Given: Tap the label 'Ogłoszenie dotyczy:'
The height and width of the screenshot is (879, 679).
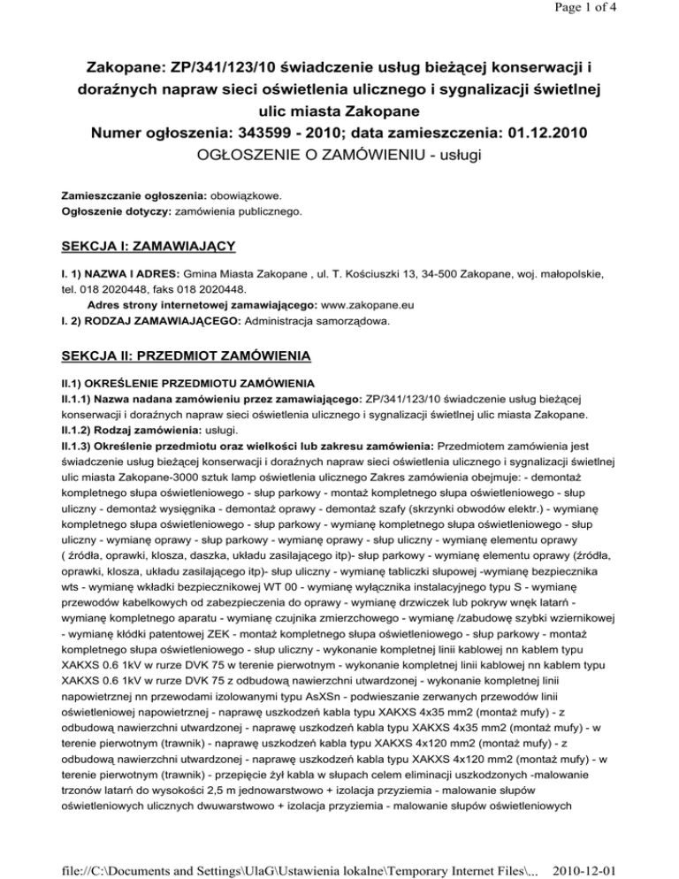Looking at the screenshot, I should [118, 212].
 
